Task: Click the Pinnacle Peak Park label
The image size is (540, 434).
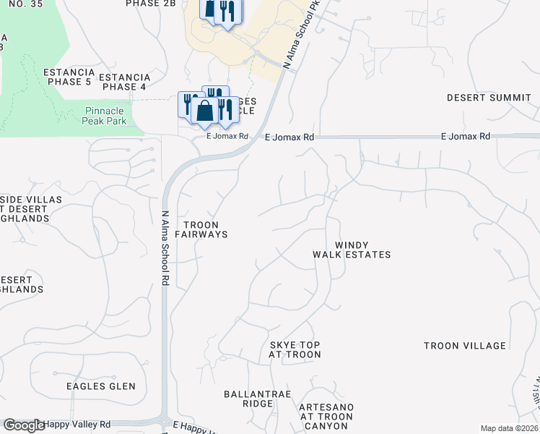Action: pyautogui.click(x=105, y=116)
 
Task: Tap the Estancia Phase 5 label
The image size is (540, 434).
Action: pyautogui.click(x=69, y=77)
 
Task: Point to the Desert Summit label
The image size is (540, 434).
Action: pyautogui.click(x=489, y=98)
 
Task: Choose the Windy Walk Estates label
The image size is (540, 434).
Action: pyautogui.click(x=352, y=250)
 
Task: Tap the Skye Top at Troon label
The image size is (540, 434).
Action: pyautogui.click(x=295, y=350)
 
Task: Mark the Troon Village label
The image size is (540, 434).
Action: pyautogui.click(x=465, y=346)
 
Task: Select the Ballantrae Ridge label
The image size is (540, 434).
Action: pyautogui.click(x=249, y=399)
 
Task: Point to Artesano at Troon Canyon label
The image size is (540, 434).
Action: pyautogui.click(x=326, y=417)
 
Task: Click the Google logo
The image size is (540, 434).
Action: pyautogui.click(x=24, y=426)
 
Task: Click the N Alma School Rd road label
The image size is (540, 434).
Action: pyautogui.click(x=165, y=248)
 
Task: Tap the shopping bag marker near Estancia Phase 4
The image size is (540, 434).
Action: pyautogui.click(x=205, y=111)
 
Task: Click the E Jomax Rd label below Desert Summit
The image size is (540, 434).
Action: pyautogui.click(x=466, y=137)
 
